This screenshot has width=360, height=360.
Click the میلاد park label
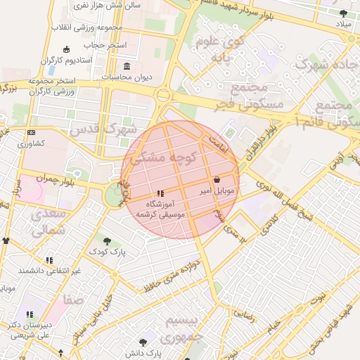pos(343,25)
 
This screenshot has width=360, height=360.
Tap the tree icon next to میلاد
pos(343,13)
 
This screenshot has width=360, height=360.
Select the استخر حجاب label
pos(106,45)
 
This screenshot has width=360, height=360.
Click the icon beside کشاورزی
pos(30,132)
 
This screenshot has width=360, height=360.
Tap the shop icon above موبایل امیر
pos(215,179)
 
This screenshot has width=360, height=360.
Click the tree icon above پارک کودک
pos(107,240)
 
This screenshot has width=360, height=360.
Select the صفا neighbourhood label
pos(74,300)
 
